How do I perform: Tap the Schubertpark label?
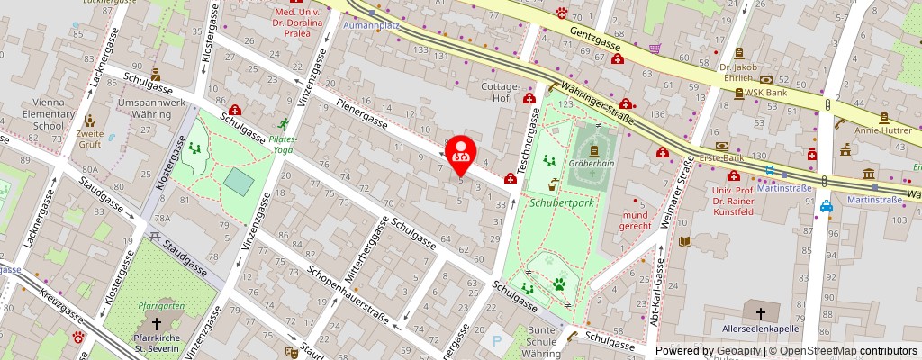click(556, 204)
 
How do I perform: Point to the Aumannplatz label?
click(371, 26)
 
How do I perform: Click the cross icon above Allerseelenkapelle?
click(761, 314)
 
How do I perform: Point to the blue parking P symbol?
click(496, 341)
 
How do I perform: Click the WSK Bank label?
click(767, 93)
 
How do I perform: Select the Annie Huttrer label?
click(884, 130)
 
